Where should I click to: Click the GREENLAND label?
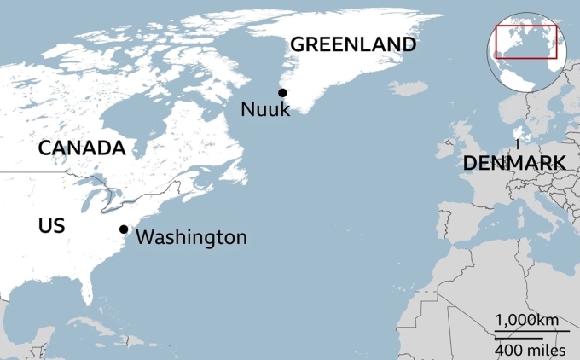coord(353,44)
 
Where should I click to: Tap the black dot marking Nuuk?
coord(281,93)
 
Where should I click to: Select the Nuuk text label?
coord(265,109)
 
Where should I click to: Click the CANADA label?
coord(82,148)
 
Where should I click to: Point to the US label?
coord(52,226)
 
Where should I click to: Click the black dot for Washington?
coord(124,229)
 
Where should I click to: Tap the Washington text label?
coord(191,237)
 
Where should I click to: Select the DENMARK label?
coord(514,164)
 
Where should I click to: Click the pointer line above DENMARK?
coord(518,145)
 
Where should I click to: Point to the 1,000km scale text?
coord(527,320)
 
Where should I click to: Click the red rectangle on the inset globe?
coord(526,42)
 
